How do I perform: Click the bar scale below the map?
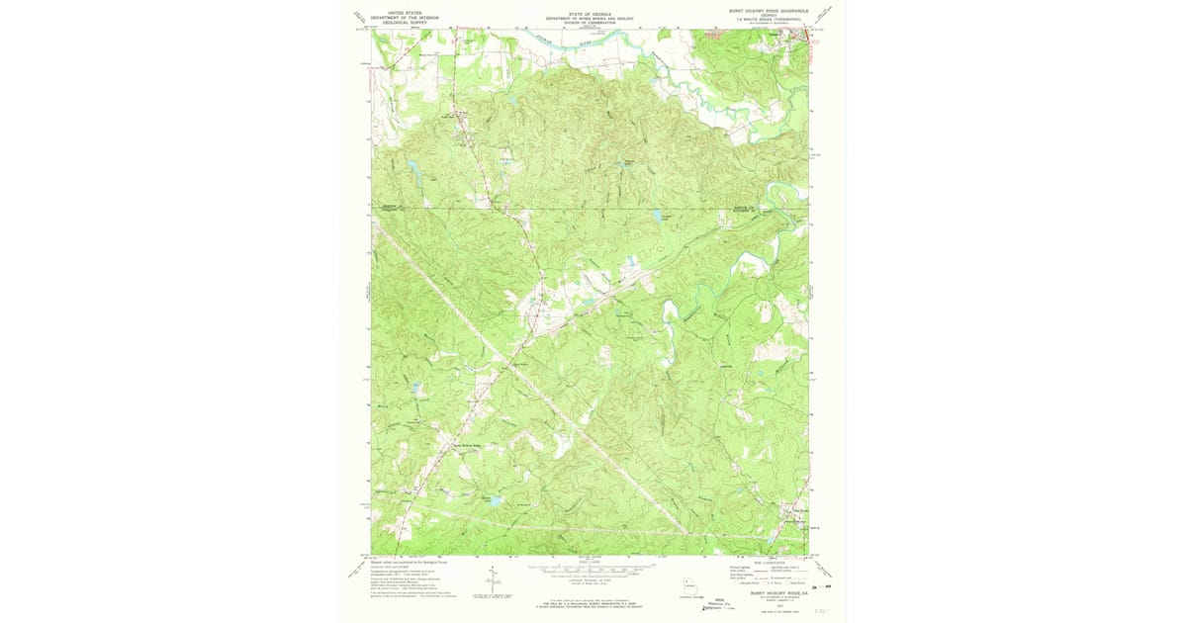[591, 571]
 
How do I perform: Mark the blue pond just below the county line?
[656, 214]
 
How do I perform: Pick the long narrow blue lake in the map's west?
[416, 169]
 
